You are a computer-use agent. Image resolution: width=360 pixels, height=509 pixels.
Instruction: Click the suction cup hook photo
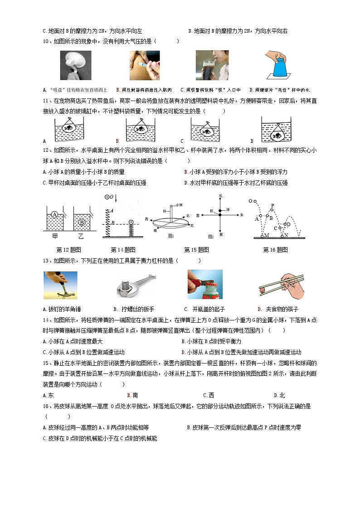76,65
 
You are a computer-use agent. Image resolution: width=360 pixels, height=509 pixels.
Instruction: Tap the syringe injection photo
144,65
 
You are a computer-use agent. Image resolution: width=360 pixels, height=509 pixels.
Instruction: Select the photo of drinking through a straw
212,65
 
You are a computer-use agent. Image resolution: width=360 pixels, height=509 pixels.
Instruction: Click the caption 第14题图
123,250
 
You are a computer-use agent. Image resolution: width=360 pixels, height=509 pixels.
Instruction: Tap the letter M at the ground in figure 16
267,235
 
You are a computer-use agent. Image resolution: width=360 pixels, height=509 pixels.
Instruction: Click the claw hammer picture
60,285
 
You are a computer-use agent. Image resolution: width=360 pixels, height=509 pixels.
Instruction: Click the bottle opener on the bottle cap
204,285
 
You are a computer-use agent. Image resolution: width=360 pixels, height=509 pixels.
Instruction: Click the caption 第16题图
275,250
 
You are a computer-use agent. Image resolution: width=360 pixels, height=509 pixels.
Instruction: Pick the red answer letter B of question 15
129,395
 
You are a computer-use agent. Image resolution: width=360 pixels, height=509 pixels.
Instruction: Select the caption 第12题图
68,250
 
